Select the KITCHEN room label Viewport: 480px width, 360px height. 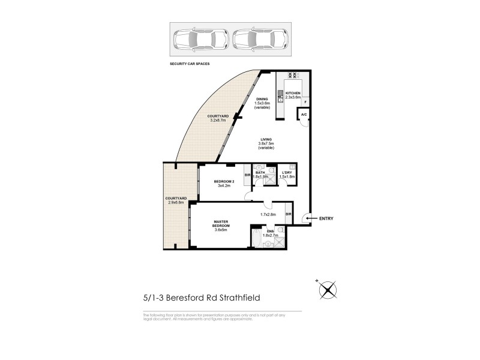coord(292,94)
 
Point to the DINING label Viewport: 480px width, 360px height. coord(262,99)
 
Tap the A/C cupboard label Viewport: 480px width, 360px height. coord(304,115)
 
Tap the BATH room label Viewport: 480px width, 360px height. coord(260,172)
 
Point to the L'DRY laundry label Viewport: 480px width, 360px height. coord(287,172)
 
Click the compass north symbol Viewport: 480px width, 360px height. coord(327,290)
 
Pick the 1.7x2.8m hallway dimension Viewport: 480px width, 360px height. coord(268,214)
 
